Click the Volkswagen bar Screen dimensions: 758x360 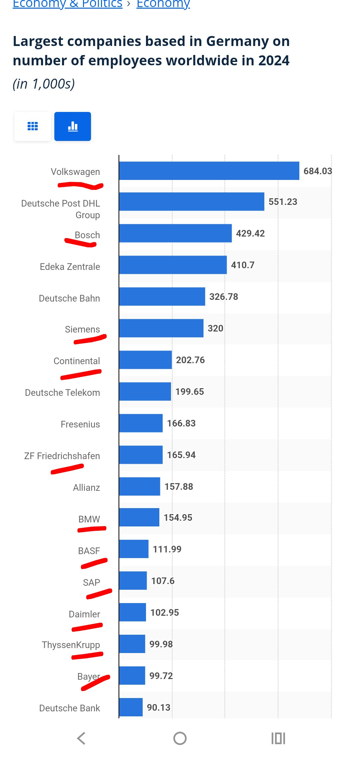tap(209, 171)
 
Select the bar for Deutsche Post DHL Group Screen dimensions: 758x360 tap(192, 202)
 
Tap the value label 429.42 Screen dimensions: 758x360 tap(250, 233)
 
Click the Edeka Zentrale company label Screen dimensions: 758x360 tap(70, 267)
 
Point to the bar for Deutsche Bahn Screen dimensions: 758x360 tap(162, 297)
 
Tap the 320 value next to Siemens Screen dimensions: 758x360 tap(215, 328)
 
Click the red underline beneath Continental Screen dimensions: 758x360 tap(81, 375)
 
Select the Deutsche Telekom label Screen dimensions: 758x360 tap(62, 392)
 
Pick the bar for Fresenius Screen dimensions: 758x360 tap(141, 423)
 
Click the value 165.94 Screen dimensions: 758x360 tap(181, 455)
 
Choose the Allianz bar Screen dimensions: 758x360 tap(140, 486)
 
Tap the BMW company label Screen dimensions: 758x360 tap(89, 519)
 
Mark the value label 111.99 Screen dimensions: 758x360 tap(167, 549)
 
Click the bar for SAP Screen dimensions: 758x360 tap(133, 581)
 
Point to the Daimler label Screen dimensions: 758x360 tap(84, 614)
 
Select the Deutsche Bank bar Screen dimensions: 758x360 tap(131, 707)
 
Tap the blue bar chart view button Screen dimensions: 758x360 tap(73, 127)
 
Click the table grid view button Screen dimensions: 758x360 tap(33, 127)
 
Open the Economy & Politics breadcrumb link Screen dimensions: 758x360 tap(68, 4)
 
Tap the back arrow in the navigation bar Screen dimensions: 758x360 tap(81, 738)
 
